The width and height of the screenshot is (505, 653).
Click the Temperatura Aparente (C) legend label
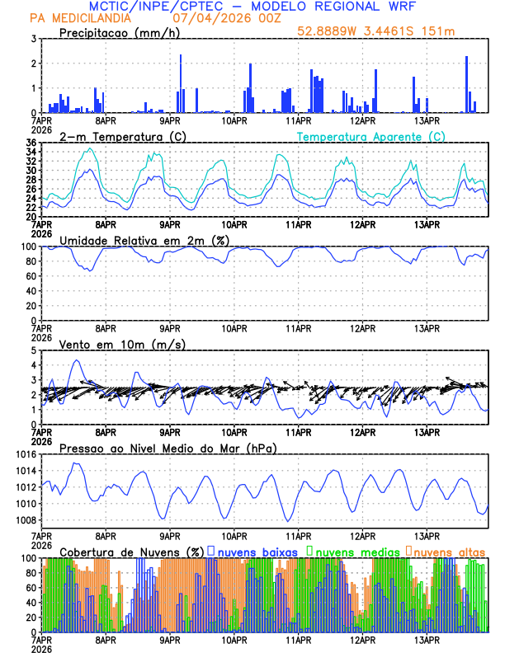pyautogui.click(x=371, y=136)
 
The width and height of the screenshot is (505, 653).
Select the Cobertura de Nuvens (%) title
pyautogui.click(x=132, y=551)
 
